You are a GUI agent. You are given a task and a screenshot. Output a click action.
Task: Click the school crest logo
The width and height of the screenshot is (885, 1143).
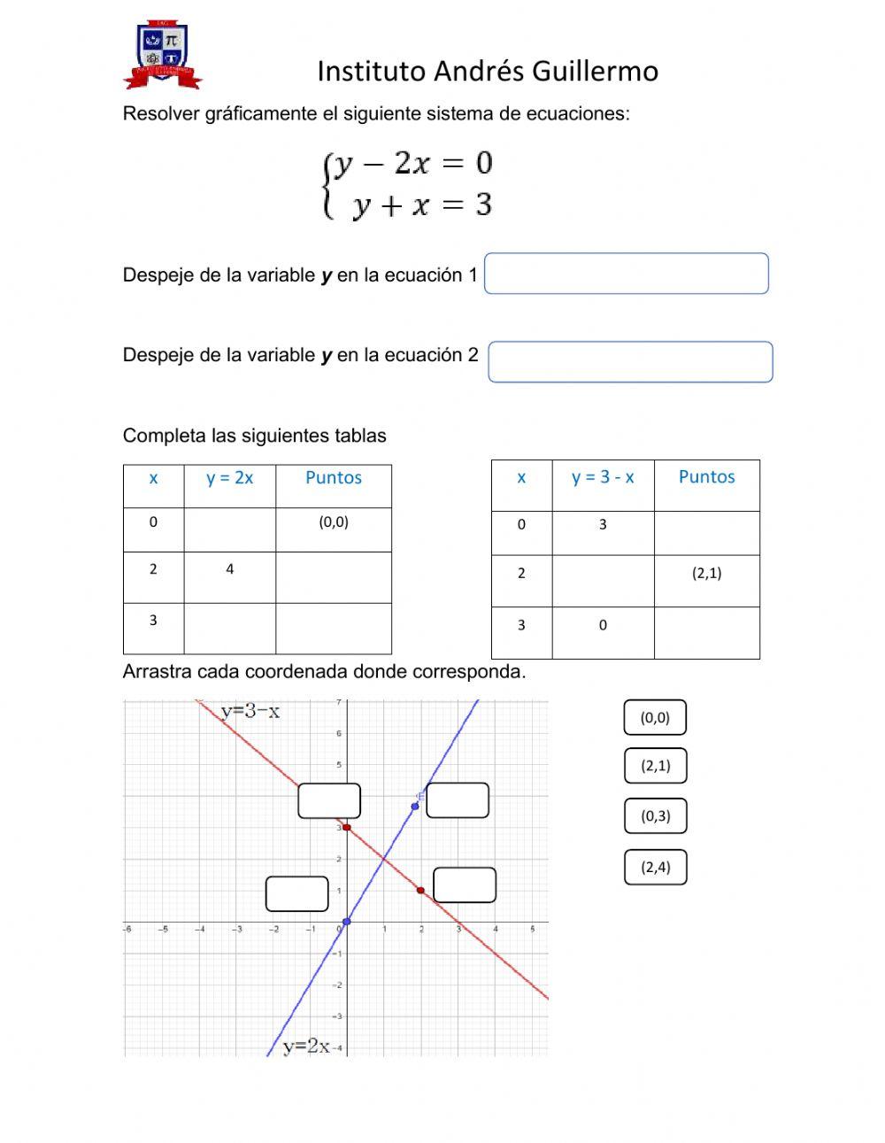(x=163, y=56)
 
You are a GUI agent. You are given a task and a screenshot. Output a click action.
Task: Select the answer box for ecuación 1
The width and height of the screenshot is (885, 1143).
(x=626, y=274)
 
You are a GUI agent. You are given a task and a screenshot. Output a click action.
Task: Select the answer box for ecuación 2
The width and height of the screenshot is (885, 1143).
(x=630, y=362)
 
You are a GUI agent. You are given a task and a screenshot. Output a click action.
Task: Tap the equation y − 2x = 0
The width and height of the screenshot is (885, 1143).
(x=413, y=163)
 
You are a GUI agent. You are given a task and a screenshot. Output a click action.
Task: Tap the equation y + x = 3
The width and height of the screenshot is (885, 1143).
(x=422, y=205)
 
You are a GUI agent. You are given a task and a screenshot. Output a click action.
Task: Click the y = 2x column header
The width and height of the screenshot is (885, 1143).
(x=229, y=478)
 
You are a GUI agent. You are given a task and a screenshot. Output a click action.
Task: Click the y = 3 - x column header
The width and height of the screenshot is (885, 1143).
(x=603, y=477)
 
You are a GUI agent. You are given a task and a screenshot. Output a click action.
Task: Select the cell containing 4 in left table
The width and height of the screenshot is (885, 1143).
(x=229, y=569)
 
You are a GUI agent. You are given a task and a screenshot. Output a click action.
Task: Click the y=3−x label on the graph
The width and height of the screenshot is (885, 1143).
(x=250, y=711)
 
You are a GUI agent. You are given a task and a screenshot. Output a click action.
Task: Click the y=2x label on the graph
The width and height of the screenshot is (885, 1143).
(x=306, y=1046)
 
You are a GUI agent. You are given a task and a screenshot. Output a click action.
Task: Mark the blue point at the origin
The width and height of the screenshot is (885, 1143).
(x=346, y=922)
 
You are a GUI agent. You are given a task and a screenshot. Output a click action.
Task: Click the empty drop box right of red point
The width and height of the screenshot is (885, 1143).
(x=465, y=884)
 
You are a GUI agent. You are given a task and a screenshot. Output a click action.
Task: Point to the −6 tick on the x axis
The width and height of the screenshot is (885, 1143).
(x=127, y=930)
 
